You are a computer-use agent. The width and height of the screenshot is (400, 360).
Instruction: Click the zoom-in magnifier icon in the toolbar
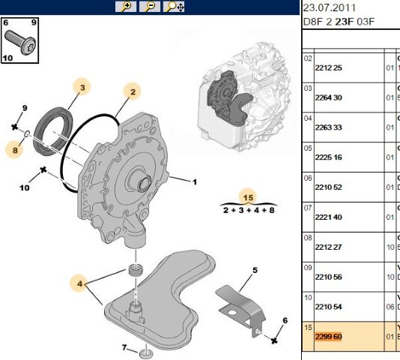point(126,7)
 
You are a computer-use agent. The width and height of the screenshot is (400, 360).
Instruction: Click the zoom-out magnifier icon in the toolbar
point(149,7)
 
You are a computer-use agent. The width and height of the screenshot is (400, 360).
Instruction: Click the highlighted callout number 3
point(82,88)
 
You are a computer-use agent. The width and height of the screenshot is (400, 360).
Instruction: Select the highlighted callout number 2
point(132,91)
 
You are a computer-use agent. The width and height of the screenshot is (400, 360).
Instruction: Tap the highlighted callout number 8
point(13,150)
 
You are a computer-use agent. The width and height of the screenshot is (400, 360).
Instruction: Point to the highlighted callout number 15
point(249,197)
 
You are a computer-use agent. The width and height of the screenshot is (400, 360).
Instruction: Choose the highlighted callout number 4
point(79,283)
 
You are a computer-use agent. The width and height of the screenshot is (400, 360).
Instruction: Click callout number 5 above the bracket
point(255,270)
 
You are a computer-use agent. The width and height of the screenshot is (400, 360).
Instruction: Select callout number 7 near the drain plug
point(124,346)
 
